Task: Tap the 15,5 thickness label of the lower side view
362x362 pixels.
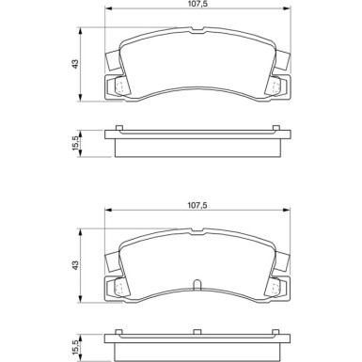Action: tap(75, 346)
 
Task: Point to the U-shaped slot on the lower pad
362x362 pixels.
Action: tap(195, 287)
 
